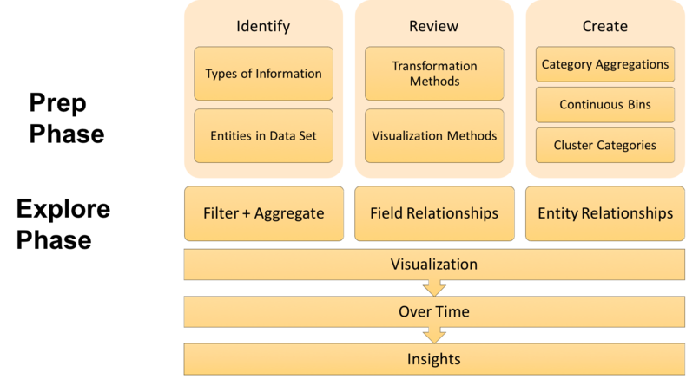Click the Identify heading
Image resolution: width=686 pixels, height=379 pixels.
click(263, 26)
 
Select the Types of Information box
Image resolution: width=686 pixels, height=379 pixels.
click(263, 73)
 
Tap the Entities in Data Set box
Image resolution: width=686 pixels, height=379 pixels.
click(263, 136)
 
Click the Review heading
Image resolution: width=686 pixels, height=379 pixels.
click(433, 26)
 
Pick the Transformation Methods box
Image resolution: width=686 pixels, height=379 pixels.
click(433, 73)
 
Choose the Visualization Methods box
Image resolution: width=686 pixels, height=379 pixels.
click(433, 136)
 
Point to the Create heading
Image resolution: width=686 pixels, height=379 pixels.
click(604, 26)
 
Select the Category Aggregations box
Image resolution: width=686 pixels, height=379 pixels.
click(604, 64)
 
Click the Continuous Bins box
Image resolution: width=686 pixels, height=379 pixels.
click(604, 105)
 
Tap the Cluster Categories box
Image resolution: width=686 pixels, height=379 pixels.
click(604, 145)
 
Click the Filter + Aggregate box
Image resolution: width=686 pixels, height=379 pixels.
click(263, 212)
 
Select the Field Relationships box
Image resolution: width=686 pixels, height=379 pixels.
click(433, 212)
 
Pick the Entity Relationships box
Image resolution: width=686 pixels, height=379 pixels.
click(604, 212)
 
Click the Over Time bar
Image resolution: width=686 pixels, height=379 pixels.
click(433, 311)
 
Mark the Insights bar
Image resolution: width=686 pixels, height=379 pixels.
click(433, 359)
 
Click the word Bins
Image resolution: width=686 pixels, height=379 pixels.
click(637, 105)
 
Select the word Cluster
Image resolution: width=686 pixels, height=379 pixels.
click(575, 145)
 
